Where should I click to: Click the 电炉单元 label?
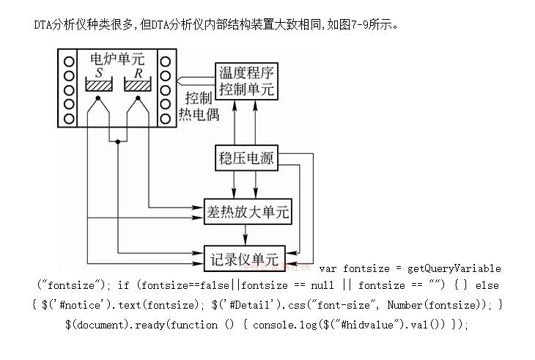117,59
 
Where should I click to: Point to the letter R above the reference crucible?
138,73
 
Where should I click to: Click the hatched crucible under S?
99,86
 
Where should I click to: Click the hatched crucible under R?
138,86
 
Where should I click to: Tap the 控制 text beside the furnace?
198,98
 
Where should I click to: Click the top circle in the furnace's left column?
69,60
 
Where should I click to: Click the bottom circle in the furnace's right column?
166,118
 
